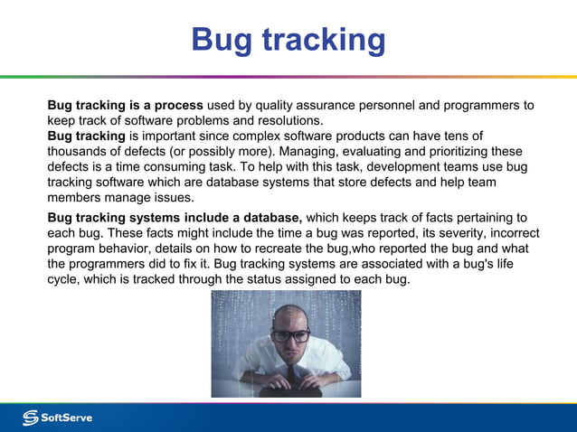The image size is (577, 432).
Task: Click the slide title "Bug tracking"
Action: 288,40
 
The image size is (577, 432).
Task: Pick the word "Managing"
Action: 311,152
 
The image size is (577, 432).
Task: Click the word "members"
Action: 75,198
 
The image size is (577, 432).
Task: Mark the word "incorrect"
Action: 497,233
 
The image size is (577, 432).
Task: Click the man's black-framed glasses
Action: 290,335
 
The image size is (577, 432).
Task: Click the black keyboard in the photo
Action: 288,391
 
